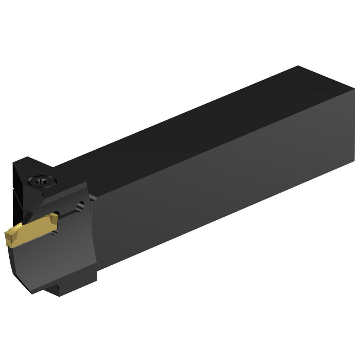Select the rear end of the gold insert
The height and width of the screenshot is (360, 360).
click(x=55, y=217)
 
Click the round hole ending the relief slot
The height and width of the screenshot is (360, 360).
click(x=81, y=206)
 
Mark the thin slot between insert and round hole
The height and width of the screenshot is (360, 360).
click(x=68, y=213)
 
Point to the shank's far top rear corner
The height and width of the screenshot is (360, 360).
click(x=298, y=66)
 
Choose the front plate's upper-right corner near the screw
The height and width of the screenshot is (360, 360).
click(x=86, y=183)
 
